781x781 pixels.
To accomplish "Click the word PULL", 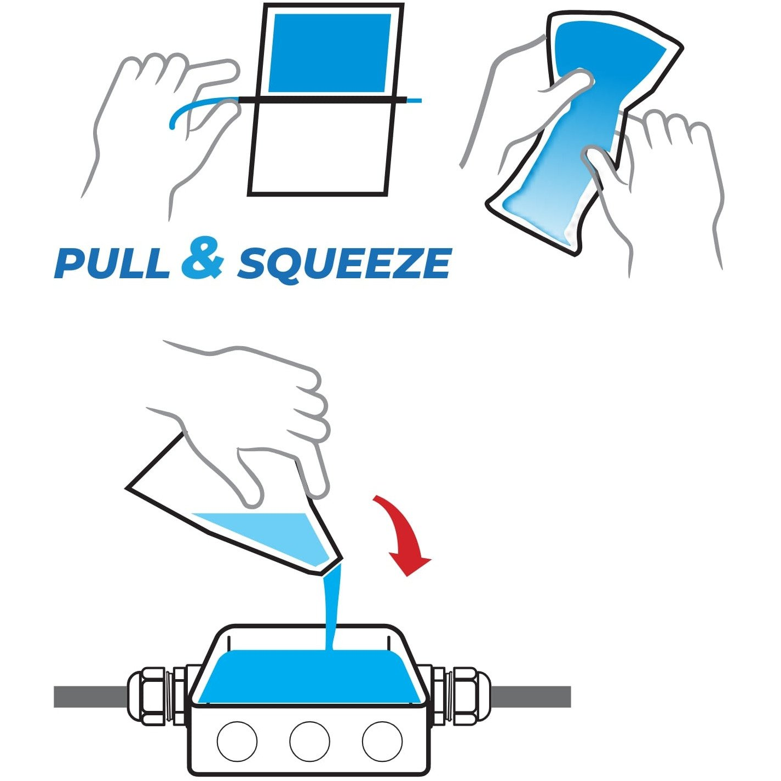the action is (112, 263).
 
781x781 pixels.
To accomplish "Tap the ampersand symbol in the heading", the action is (203, 258).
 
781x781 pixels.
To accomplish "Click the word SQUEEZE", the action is (344, 264).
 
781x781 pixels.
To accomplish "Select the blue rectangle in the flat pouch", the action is (330, 53).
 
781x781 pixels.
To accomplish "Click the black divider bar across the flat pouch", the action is (322, 100).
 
